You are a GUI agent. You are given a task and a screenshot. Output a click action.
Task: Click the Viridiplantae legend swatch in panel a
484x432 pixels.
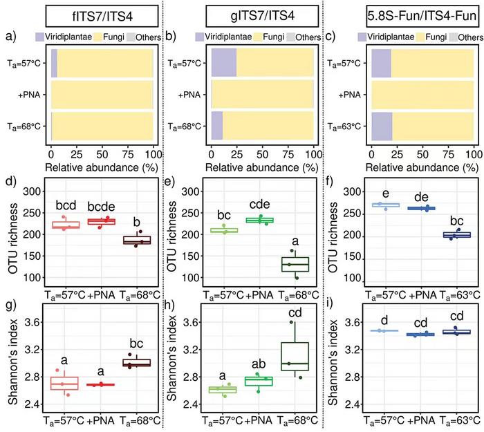click(x=57, y=35)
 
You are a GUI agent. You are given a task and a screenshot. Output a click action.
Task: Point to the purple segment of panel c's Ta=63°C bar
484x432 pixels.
click(x=382, y=129)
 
